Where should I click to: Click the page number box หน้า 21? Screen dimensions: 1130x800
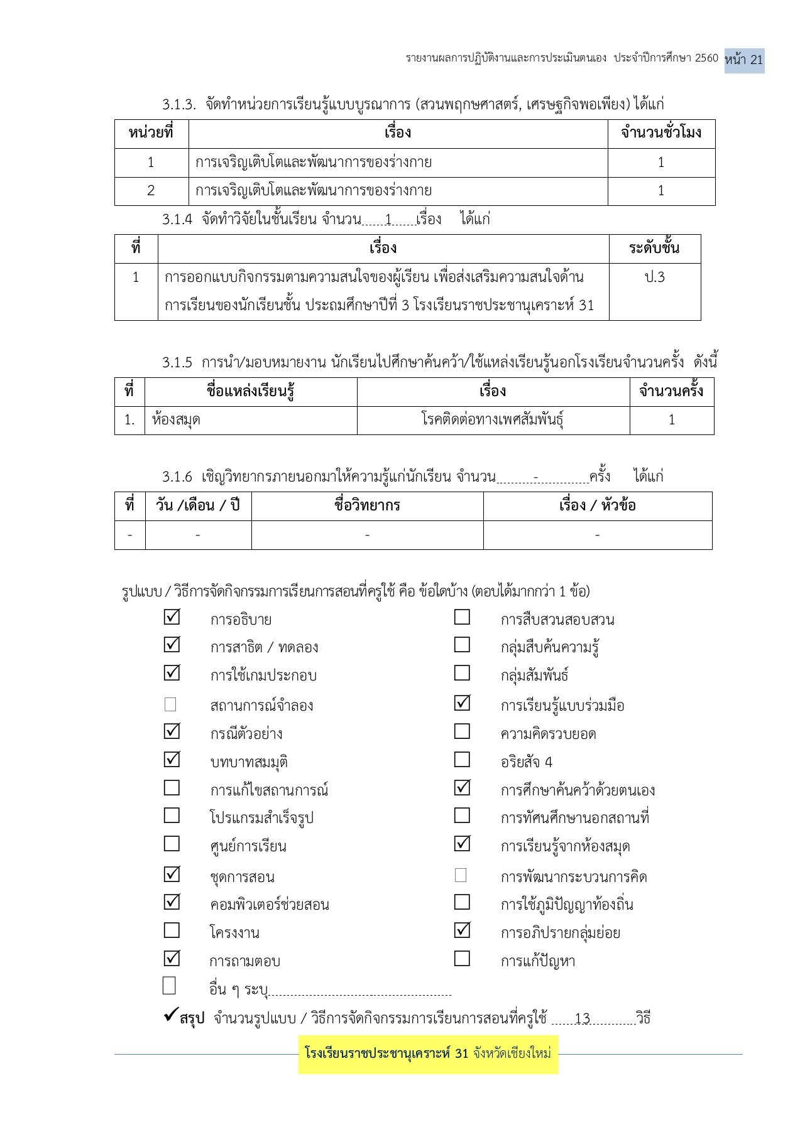pyautogui.click(x=744, y=60)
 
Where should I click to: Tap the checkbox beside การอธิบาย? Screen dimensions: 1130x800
pyautogui.click(x=172, y=617)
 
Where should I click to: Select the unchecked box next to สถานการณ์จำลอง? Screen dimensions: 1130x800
pyautogui.click(x=170, y=704)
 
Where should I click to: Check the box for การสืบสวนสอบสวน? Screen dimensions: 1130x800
pyautogui.click(x=462, y=617)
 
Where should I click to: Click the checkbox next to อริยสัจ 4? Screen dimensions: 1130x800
pyautogui.click(x=462, y=760)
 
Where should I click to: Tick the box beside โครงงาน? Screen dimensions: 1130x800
pyautogui.click(x=172, y=930)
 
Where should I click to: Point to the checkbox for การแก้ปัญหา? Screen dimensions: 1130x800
pyautogui.click(x=462, y=959)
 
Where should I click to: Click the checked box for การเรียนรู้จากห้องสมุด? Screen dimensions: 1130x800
pyautogui.click(x=462, y=843)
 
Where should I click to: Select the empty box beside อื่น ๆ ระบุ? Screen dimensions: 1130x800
pyautogui.click(x=169, y=986)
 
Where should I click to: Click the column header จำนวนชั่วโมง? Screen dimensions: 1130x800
pyautogui.click(x=661, y=133)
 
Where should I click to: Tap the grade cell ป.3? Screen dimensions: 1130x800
pyautogui.click(x=655, y=277)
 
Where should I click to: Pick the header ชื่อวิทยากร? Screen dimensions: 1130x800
pyautogui.click(x=367, y=505)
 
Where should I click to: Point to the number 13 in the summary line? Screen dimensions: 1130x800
pyautogui.click(x=583, y=1018)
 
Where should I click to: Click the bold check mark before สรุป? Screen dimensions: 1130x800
pyautogui.click(x=170, y=1014)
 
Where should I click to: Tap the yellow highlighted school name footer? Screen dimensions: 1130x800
pyautogui.click(x=428, y=1053)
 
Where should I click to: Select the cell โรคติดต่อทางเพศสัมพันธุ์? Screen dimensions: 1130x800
pyautogui.click(x=493, y=420)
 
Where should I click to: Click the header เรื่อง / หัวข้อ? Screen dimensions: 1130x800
pyautogui.click(x=597, y=505)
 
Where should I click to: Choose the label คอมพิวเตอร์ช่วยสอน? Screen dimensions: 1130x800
pyautogui.click(x=270, y=905)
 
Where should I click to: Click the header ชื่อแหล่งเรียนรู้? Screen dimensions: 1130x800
pyautogui.click(x=251, y=391)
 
